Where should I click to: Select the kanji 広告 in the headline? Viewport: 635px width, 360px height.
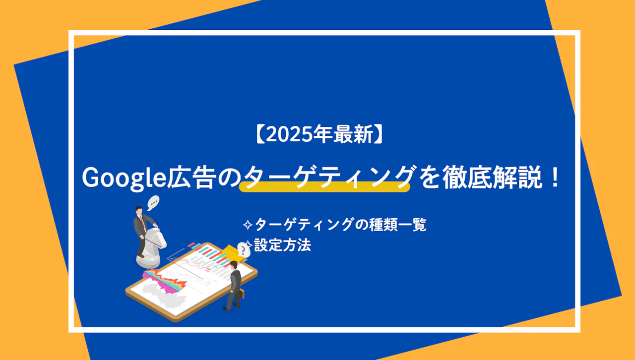point(190,178)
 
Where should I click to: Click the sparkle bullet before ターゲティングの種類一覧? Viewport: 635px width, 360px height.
point(248,225)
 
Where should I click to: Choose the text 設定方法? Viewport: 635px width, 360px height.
point(282,245)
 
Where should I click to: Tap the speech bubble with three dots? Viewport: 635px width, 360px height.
point(153,203)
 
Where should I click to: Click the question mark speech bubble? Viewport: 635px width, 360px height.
point(243,250)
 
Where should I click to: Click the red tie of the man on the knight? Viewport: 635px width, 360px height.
point(142,221)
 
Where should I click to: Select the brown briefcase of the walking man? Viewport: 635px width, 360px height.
point(241,294)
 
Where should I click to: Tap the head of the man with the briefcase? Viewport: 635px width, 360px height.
point(233,265)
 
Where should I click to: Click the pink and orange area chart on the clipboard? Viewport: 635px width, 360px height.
point(165,281)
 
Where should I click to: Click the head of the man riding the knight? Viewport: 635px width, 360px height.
point(139,210)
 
